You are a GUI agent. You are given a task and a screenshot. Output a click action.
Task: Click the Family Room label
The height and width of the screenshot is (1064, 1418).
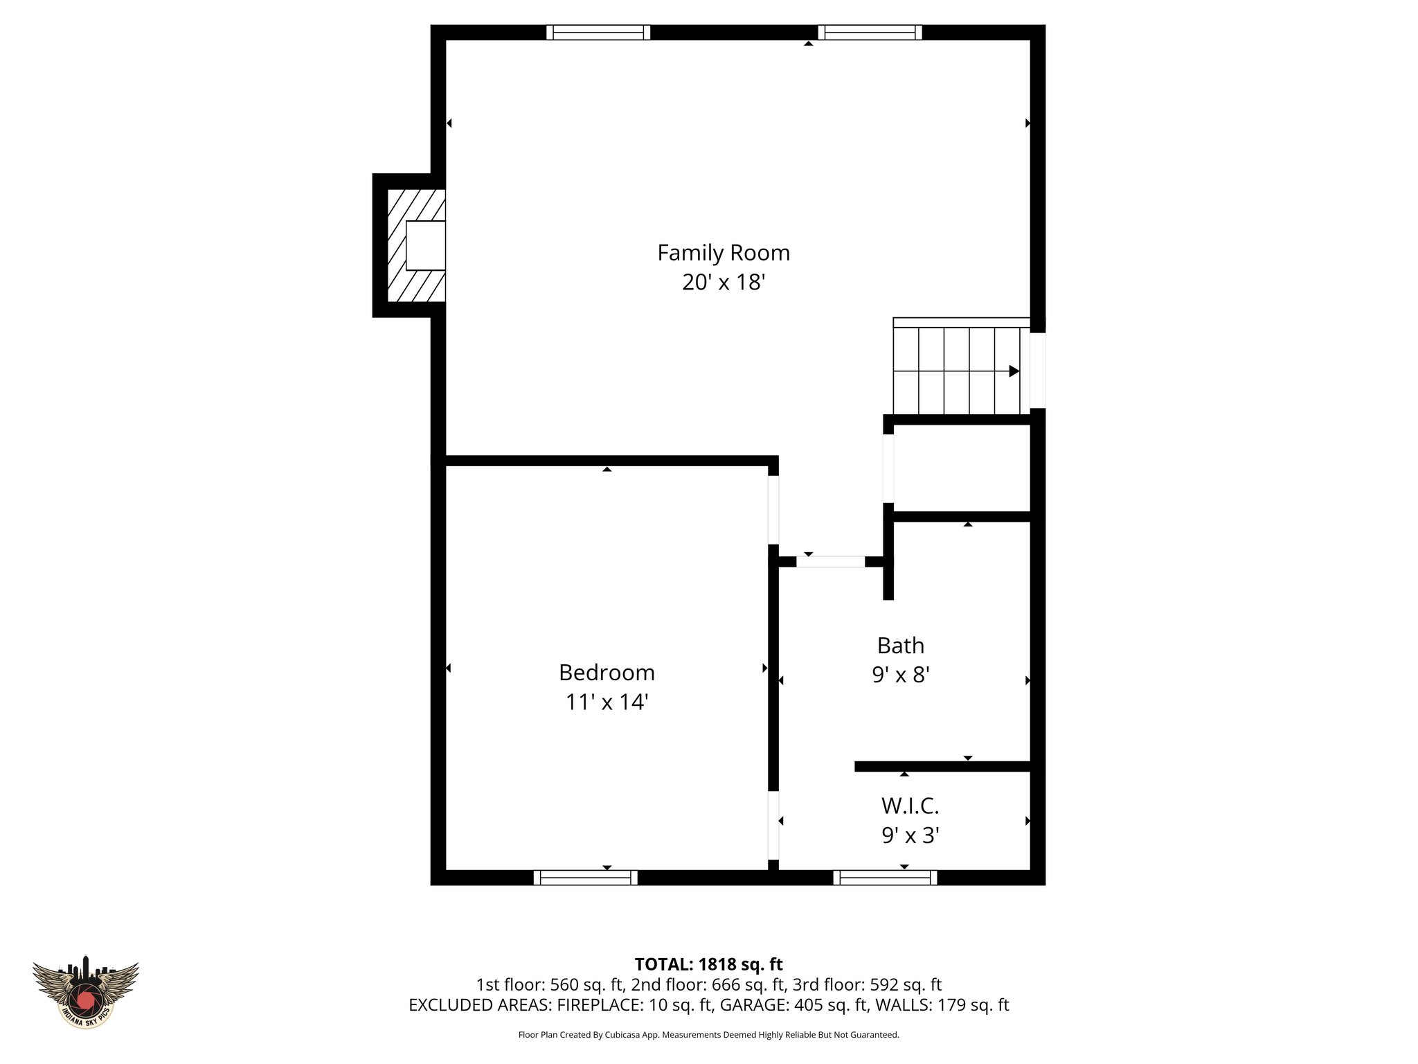pos(724,253)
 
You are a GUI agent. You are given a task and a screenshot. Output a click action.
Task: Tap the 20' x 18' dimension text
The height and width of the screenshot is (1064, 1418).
pos(724,283)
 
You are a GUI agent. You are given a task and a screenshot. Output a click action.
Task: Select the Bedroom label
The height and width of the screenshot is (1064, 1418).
pos(607,673)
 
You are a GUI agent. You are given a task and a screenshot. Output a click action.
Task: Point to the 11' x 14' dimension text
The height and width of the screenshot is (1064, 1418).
pos(607,702)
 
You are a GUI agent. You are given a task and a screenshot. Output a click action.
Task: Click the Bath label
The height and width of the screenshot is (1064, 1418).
pos(900,646)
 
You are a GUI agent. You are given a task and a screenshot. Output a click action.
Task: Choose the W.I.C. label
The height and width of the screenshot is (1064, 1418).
pos(910,806)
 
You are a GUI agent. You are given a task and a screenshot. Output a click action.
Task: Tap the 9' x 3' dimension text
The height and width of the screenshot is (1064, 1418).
pos(910,836)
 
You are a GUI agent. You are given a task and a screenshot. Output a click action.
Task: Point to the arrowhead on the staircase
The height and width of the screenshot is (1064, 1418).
pos(1014,371)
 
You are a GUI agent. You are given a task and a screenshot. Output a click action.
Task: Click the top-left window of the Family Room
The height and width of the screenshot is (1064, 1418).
pos(598,33)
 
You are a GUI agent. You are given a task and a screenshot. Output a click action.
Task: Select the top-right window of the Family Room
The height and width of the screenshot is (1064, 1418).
pos(870,33)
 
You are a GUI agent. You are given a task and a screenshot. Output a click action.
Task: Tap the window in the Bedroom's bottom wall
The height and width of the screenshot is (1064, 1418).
pos(586,878)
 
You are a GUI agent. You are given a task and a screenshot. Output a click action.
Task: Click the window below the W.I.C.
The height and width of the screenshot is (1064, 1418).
pos(885,878)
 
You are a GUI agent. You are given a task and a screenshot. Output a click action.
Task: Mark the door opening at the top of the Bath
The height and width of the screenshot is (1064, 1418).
pos(830,562)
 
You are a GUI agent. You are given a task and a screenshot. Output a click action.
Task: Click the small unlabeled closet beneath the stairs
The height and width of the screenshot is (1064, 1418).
pos(962,468)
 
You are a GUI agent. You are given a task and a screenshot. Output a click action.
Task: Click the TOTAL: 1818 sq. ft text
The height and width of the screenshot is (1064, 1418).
pos(708,964)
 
